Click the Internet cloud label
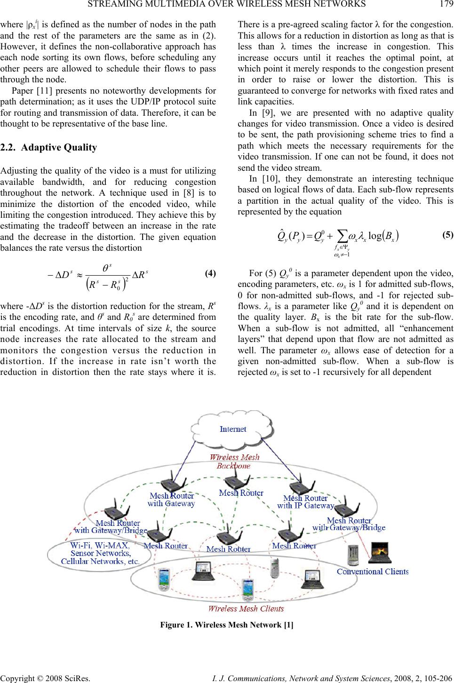[x=233, y=429]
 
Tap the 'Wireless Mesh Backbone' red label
[x=234, y=461]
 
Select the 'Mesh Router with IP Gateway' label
[x=305, y=502]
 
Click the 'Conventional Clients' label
[x=373, y=572]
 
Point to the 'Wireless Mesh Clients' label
[x=246, y=608]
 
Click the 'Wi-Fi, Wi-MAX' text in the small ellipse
[x=100, y=546]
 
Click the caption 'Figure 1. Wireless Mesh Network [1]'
[x=227, y=625]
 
